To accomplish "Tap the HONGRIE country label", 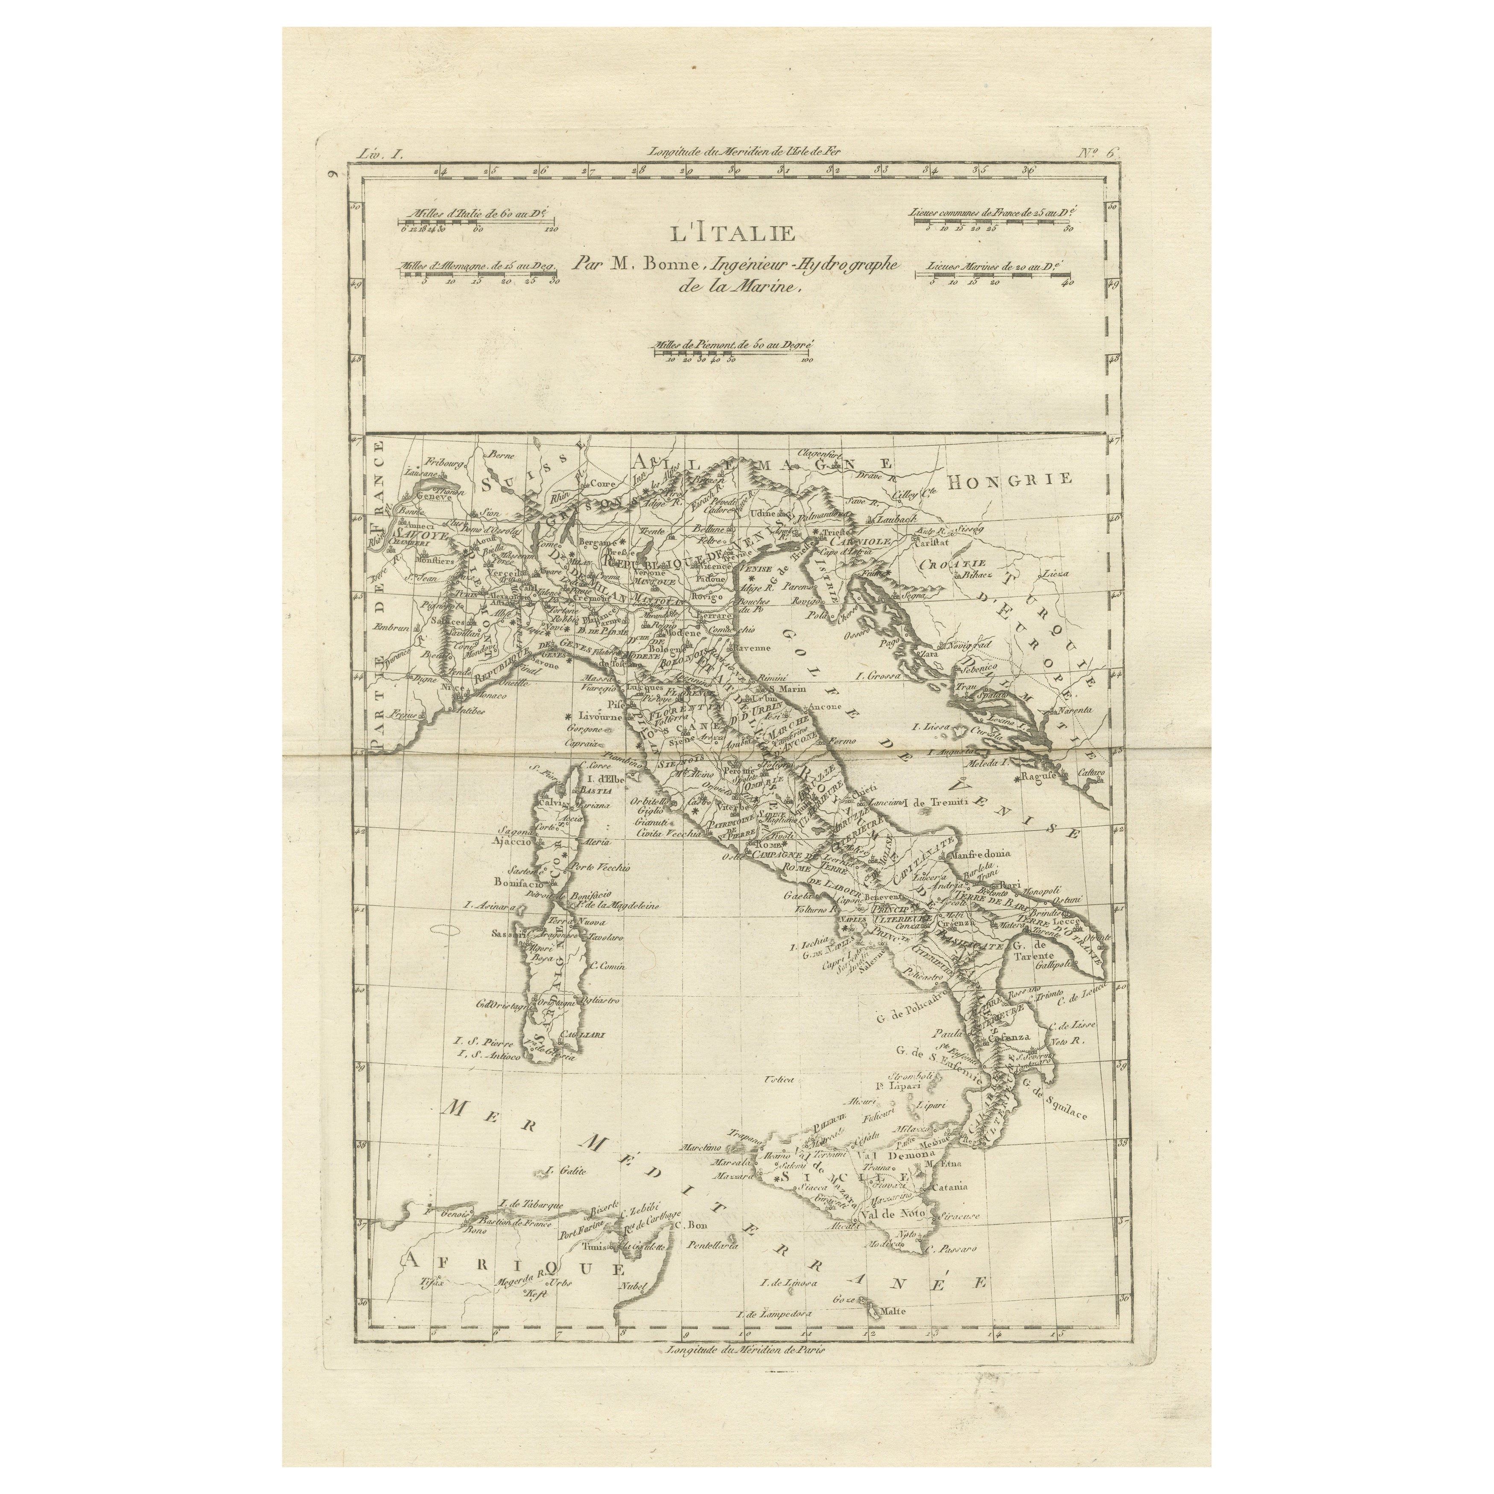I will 1011,479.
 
